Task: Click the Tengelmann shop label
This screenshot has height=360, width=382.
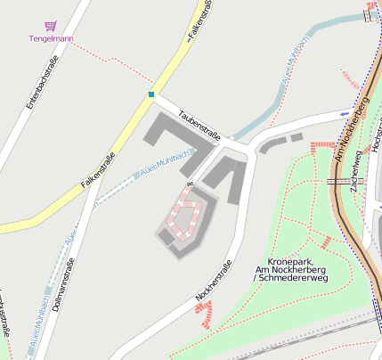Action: [51, 38]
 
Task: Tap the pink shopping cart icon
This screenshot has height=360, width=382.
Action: [51, 27]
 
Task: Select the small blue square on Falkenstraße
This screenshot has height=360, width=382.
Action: [151, 94]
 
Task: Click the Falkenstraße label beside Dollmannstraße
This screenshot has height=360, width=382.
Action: [98, 169]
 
